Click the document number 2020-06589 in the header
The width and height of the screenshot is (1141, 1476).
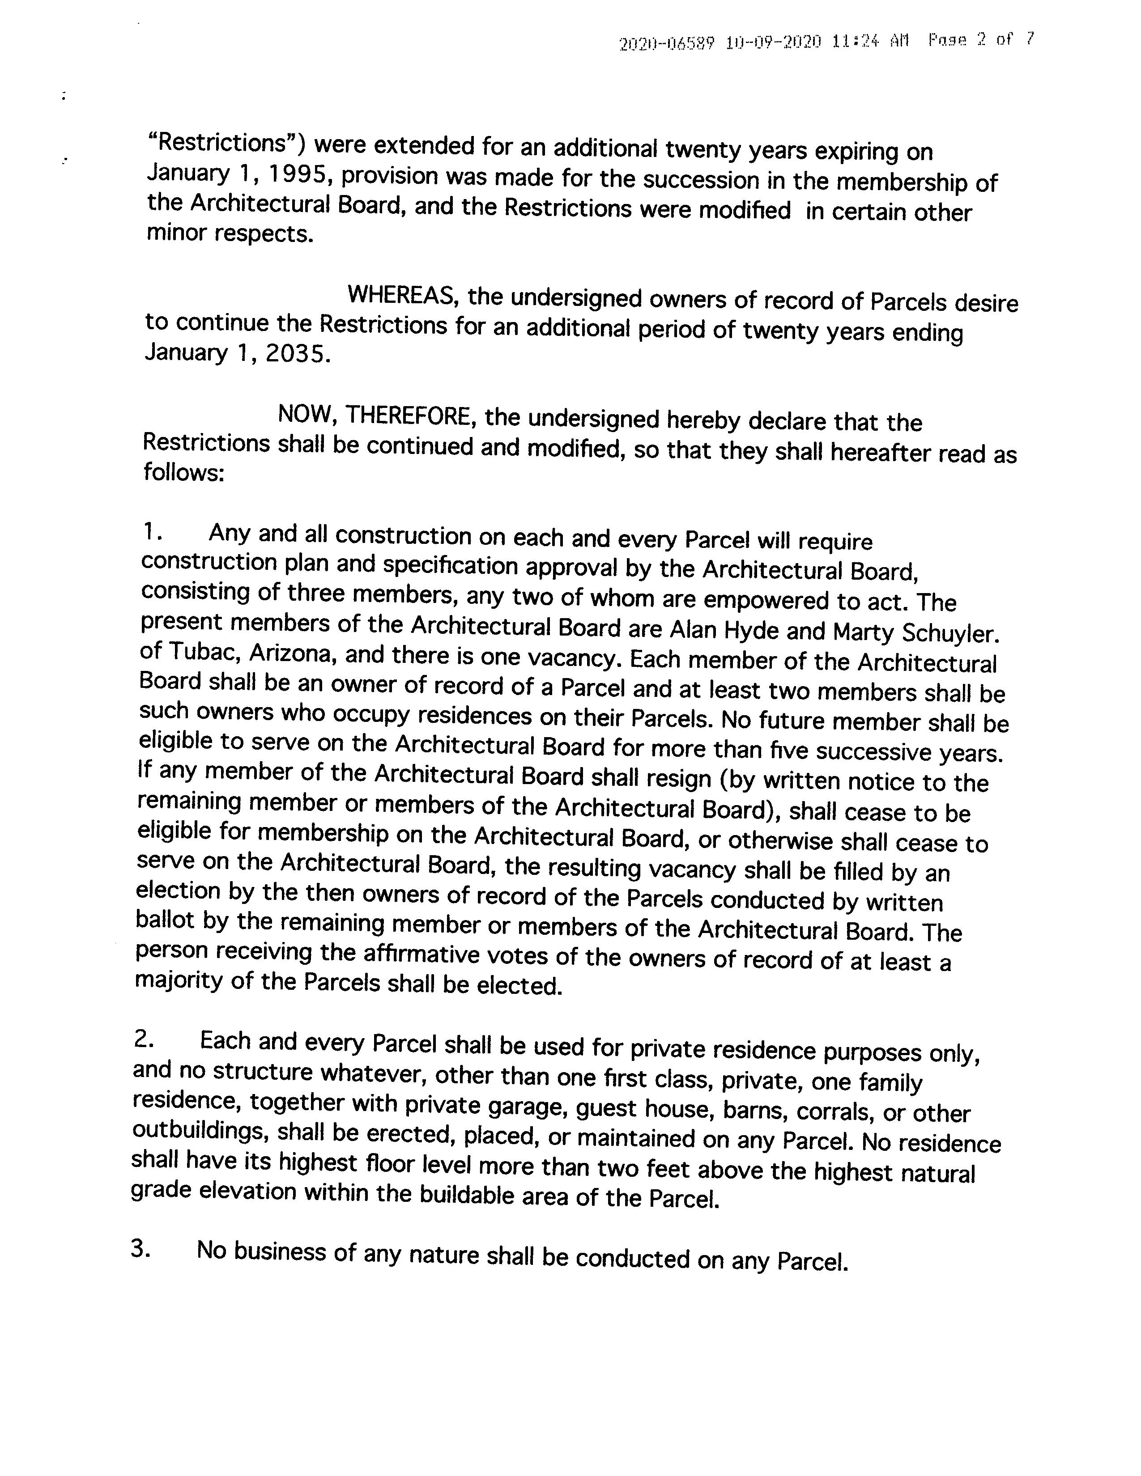pos(666,43)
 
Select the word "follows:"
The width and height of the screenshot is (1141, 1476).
pos(183,472)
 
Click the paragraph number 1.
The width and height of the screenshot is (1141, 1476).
pos(151,533)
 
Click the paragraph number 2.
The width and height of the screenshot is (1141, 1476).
pos(144,1040)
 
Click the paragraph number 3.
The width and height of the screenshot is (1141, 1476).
pos(140,1249)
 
